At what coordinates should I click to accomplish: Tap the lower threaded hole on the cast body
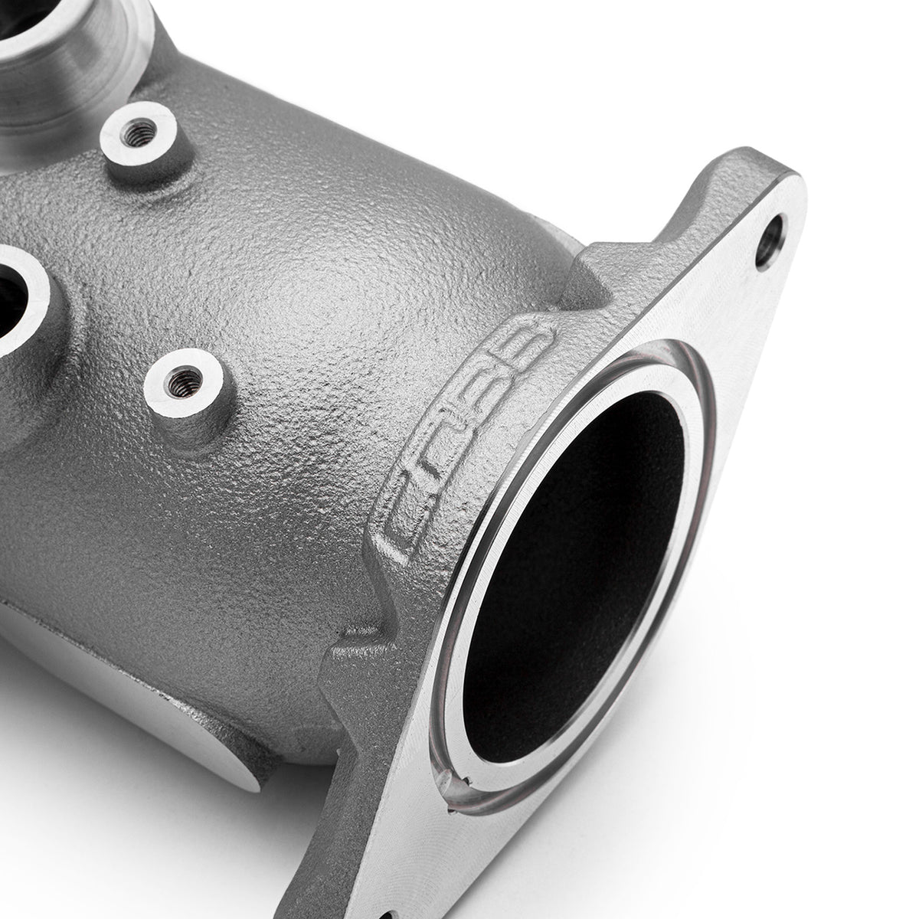[x=182, y=378]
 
